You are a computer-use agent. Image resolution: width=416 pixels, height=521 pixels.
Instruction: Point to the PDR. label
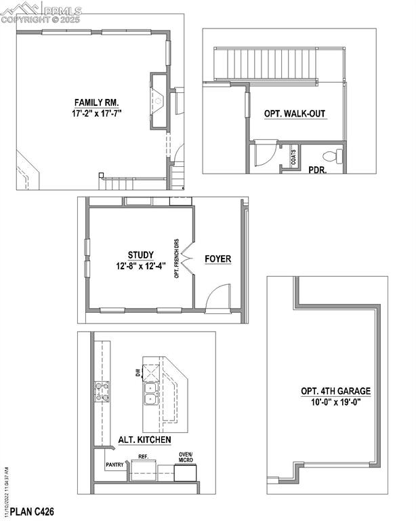coord(318,170)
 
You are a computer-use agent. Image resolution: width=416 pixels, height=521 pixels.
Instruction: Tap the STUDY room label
coord(140,255)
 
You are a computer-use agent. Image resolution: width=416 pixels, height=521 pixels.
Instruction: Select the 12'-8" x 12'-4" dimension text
coord(140,266)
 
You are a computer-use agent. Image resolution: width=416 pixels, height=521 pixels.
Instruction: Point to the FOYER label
coord(218,258)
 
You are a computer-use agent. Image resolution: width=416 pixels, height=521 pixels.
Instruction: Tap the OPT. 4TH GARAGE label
coord(336,391)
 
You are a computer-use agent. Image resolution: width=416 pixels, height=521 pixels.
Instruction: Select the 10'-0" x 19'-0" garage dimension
coord(336,402)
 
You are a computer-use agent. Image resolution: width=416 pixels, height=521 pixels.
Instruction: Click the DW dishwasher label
coord(138,372)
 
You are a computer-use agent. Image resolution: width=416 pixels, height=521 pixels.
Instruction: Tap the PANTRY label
coord(115,465)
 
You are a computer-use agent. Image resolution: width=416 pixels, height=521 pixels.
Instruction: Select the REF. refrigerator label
coord(144,457)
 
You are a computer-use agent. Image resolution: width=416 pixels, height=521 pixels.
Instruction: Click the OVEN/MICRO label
coord(186,457)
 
